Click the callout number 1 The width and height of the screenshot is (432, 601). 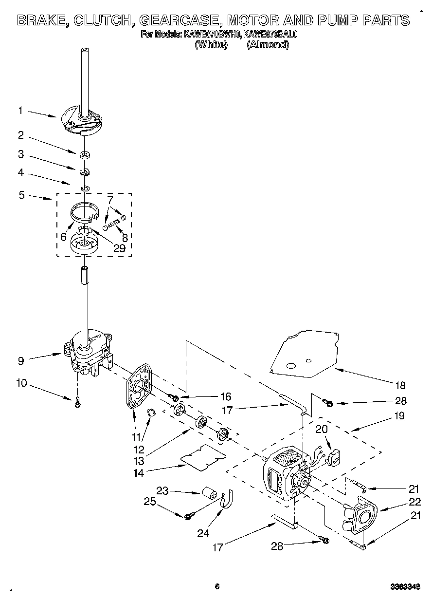point(20,111)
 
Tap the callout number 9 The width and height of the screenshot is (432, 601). point(20,361)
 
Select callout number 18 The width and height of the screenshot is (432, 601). point(400,386)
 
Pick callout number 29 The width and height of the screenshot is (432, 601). point(119,248)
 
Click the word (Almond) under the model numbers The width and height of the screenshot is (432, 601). point(268,45)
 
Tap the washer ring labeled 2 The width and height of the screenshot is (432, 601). point(85,155)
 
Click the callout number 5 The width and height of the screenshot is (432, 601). point(21,195)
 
